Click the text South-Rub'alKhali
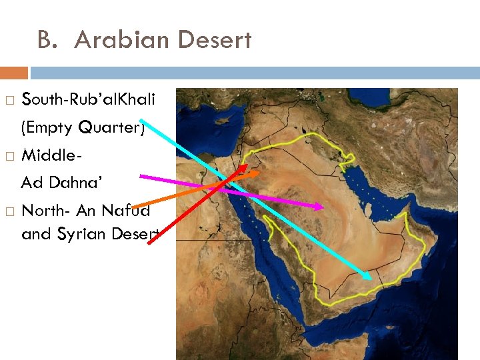tap(89, 100)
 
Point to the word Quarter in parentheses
tap(111, 127)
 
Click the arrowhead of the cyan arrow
tap(369, 276)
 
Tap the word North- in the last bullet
tap(47, 211)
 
